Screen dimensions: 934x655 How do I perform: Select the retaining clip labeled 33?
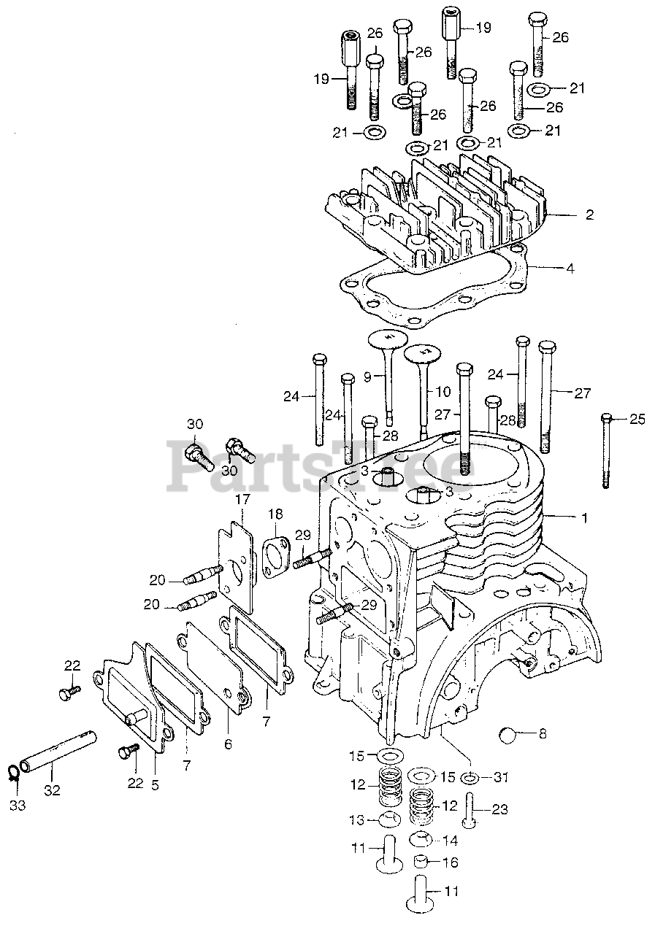(x=14, y=773)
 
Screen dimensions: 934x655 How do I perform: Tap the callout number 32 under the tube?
(x=51, y=790)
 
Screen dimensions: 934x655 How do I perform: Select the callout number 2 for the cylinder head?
(x=589, y=215)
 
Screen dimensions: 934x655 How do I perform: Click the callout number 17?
(x=242, y=500)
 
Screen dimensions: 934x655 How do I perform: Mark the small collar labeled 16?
(x=422, y=862)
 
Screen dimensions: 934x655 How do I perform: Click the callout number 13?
(x=356, y=820)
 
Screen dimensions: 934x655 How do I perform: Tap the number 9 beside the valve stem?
(x=368, y=376)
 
